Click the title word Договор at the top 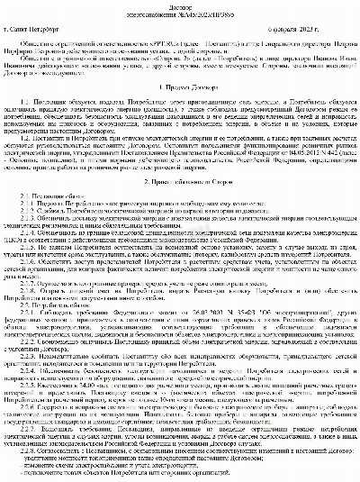(x=180, y=5)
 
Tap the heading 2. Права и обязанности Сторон (x=179, y=206)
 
